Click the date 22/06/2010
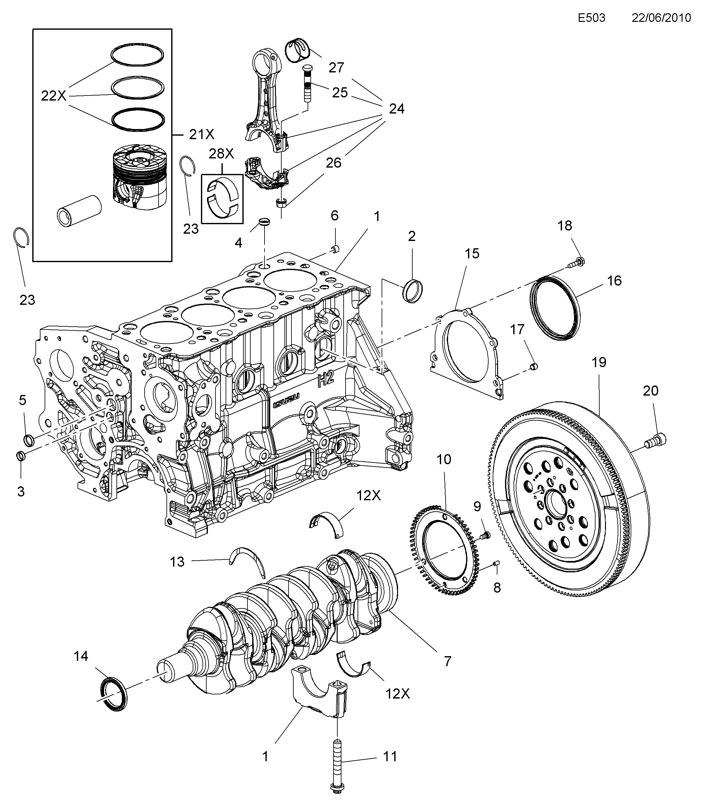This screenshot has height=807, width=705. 661,18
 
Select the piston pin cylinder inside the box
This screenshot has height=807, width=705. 79,211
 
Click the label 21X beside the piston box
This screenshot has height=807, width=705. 202,134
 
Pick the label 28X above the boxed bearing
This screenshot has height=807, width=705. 221,154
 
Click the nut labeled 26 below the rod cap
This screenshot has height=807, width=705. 281,203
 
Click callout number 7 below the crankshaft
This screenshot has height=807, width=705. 447,662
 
